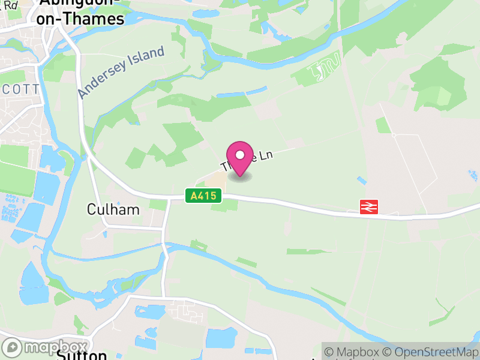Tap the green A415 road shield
coord(203,196)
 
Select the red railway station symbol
coord(368,207)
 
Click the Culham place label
coord(113,209)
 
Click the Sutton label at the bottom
coord(77,355)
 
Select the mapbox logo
coord(45,347)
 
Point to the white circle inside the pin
coord(240,155)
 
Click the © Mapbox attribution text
coord(355,352)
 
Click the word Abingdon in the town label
coord(77,3)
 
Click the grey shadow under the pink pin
coord(240,177)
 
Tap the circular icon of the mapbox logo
coord(12,347)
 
